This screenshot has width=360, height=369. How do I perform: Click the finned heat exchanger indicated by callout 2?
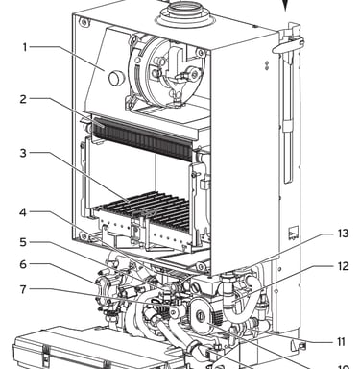click(x=144, y=138)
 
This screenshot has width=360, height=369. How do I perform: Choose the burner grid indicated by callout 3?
click(x=144, y=209)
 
